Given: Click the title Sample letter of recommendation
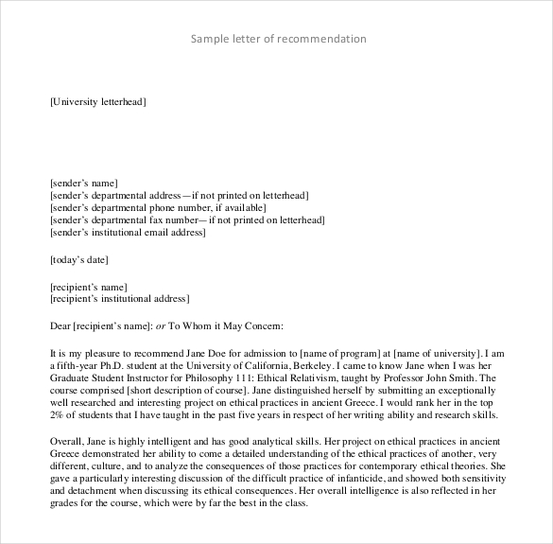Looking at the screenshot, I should click(x=278, y=39).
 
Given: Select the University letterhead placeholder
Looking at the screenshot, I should click(x=96, y=101).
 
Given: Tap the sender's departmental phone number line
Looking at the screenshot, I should click(x=158, y=206).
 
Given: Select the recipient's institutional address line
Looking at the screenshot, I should click(x=119, y=298).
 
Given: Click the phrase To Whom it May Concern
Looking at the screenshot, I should click(x=226, y=325).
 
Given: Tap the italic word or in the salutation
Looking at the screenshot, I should click(x=160, y=325).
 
